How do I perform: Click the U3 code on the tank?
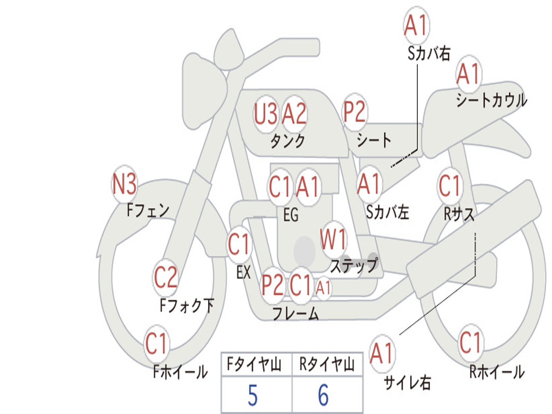pyautogui.click(x=266, y=114)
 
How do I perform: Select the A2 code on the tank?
pyautogui.click(x=294, y=114)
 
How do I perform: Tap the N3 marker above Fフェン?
pyautogui.click(x=125, y=184)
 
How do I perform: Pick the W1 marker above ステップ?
pyautogui.click(x=333, y=240)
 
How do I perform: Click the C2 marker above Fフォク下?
pyautogui.click(x=165, y=277)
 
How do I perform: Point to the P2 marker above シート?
pyautogui.click(x=355, y=112)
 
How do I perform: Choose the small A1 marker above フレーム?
pyautogui.click(x=323, y=288)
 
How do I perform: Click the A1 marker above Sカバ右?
pyautogui.click(x=417, y=25)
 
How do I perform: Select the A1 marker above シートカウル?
pyautogui.click(x=468, y=74)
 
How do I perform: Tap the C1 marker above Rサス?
pyautogui.click(x=450, y=185)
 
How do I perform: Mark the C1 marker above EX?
pyautogui.click(x=239, y=244)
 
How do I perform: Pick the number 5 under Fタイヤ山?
pyautogui.click(x=253, y=395)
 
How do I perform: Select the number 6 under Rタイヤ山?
pyautogui.click(x=323, y=395)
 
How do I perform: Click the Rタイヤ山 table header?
pyautogui.click(x=327, y=364)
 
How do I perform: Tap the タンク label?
pyautogui.click(x=287, y=141)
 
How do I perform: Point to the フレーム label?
pyautogui.click(x=296, y=313)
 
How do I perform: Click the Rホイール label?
pyautogui.click(x=496, y=372)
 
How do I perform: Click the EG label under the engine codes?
pyautogui.click(x=291, y=215)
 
